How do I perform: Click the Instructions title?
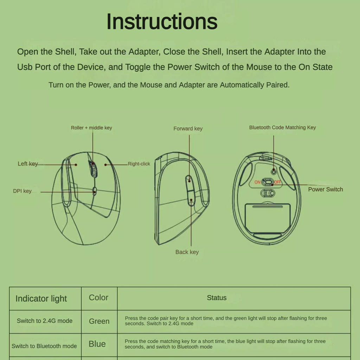(x=162, y=22)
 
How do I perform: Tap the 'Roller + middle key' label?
(x=91, y=128)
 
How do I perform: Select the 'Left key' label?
(x=27, y=163)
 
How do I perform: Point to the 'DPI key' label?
(x=22, y=191)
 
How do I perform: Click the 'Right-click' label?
(x=139, y=164)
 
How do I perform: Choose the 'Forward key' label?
(x=188, y=129)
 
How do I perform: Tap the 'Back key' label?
(x=187, y=252)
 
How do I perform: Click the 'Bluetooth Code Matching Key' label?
(x=282, y=128)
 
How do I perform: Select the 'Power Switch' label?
(x=325, y=189)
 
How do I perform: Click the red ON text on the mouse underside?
(x=258, y=182)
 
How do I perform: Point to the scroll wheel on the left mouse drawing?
(x=93, y=169)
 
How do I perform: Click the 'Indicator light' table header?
(x=41, y=299)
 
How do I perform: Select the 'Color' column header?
(x=98, y=298)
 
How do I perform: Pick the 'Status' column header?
(x=217, y=298)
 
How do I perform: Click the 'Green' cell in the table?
(x=99, y=321)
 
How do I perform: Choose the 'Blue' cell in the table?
(x=97, y=344)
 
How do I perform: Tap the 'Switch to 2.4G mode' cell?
(x=45, y=321)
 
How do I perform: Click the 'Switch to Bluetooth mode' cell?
(x=44, y=346)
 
